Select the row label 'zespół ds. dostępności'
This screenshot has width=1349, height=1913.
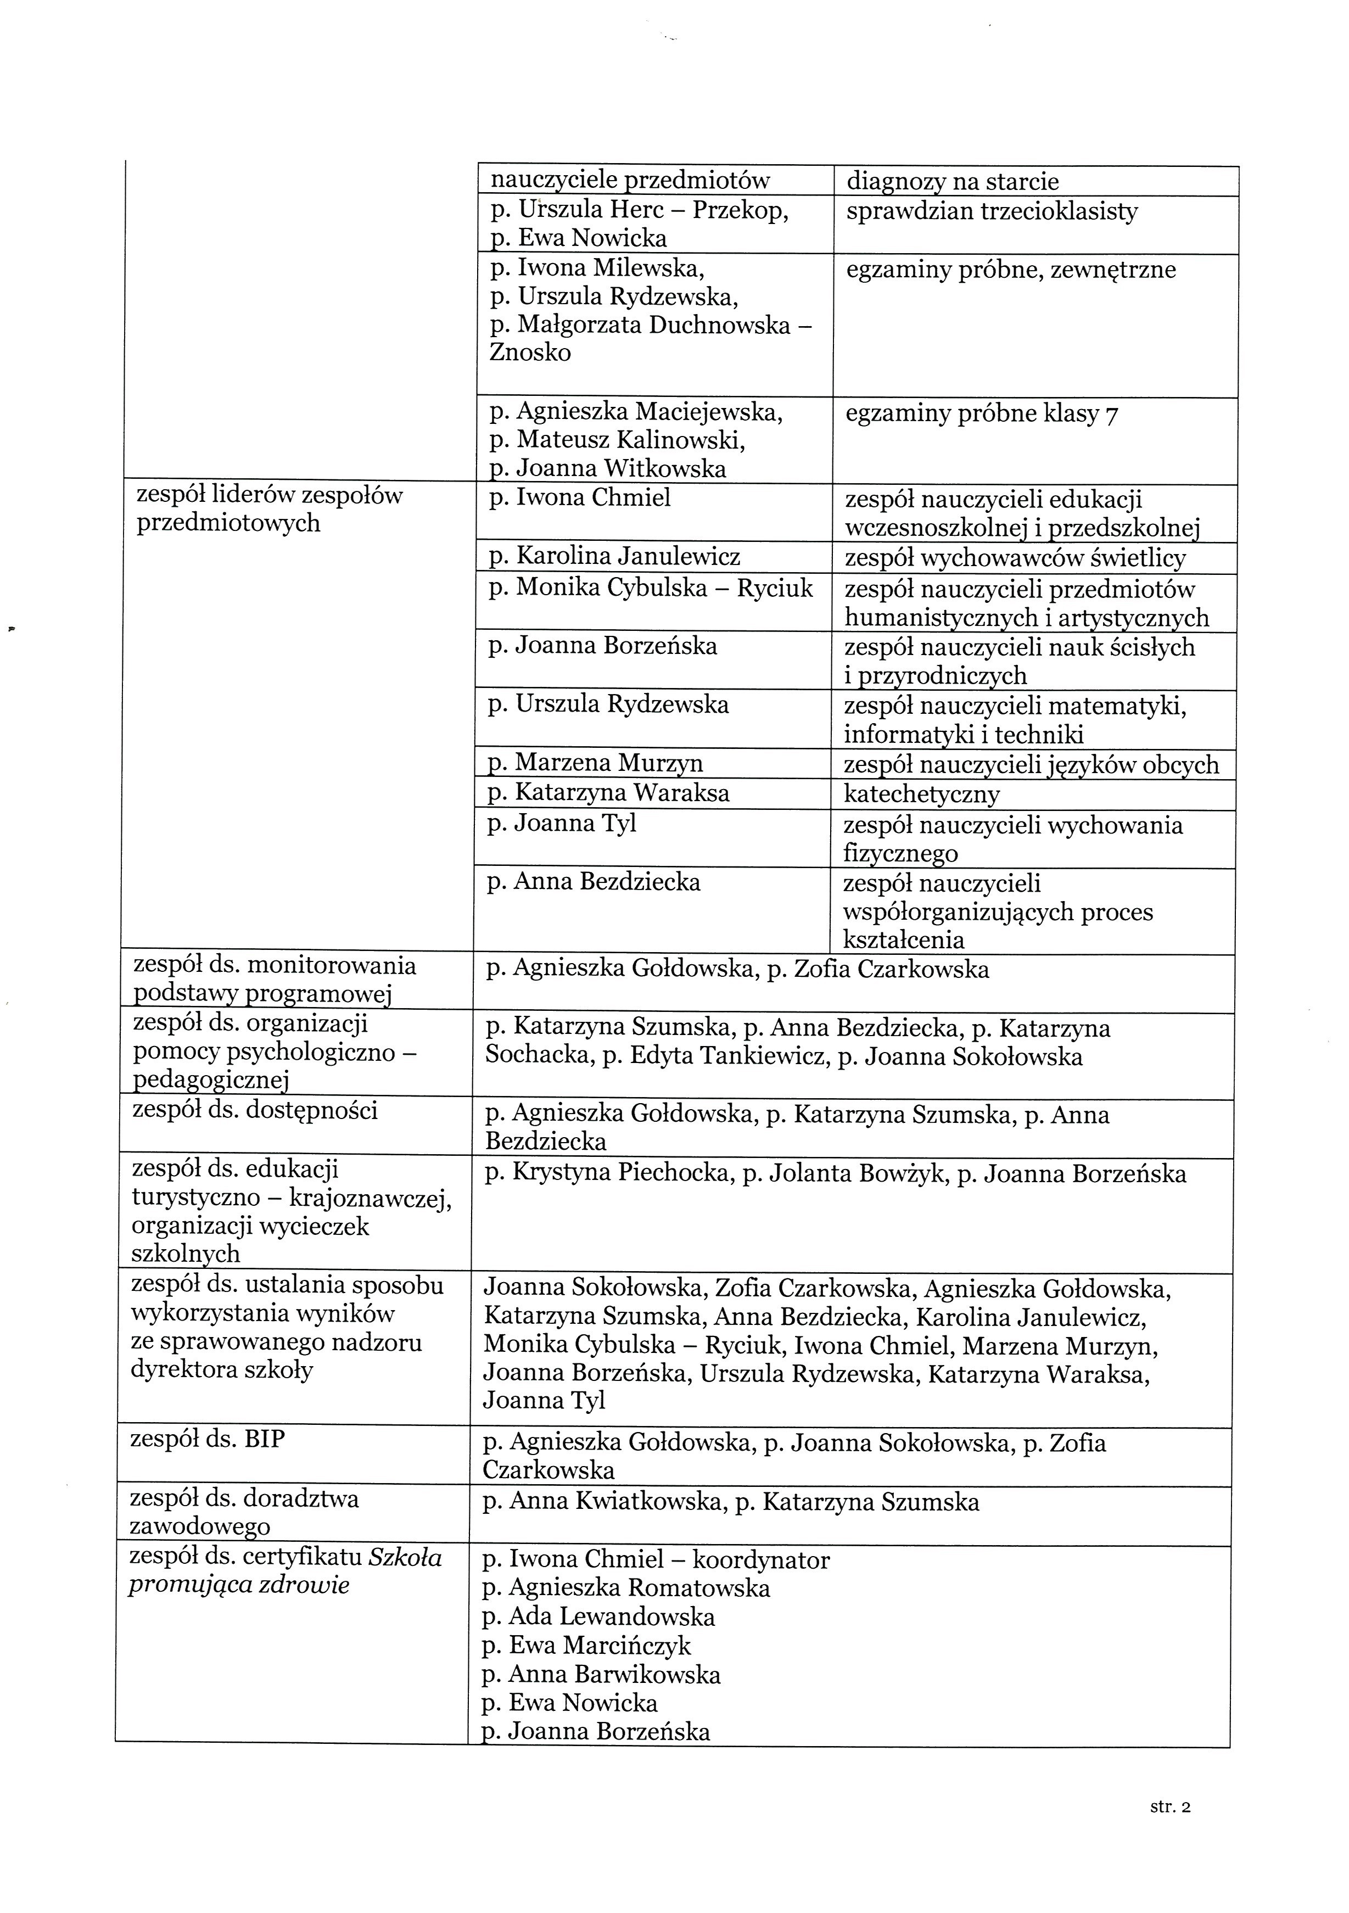[255, 1110]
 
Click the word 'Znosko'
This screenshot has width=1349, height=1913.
[530, 353]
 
